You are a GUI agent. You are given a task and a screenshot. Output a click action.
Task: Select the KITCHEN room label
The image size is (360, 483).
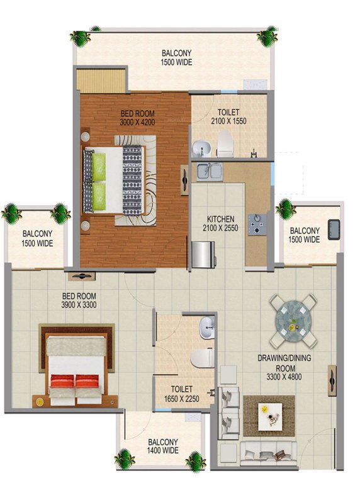coord(221,219)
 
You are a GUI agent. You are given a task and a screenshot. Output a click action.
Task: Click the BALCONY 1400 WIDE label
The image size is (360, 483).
coord(162,447)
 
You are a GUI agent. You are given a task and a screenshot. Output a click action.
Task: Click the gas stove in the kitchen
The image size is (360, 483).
coord(256,222)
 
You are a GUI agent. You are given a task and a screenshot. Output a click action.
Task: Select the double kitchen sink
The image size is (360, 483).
coord(208,170)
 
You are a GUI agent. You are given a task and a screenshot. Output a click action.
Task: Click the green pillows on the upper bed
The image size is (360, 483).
coord(99,178)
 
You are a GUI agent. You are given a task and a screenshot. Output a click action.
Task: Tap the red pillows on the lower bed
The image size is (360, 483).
coord(74,381)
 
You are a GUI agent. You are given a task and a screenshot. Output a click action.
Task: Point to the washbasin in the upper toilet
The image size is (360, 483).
coord(202,148)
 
